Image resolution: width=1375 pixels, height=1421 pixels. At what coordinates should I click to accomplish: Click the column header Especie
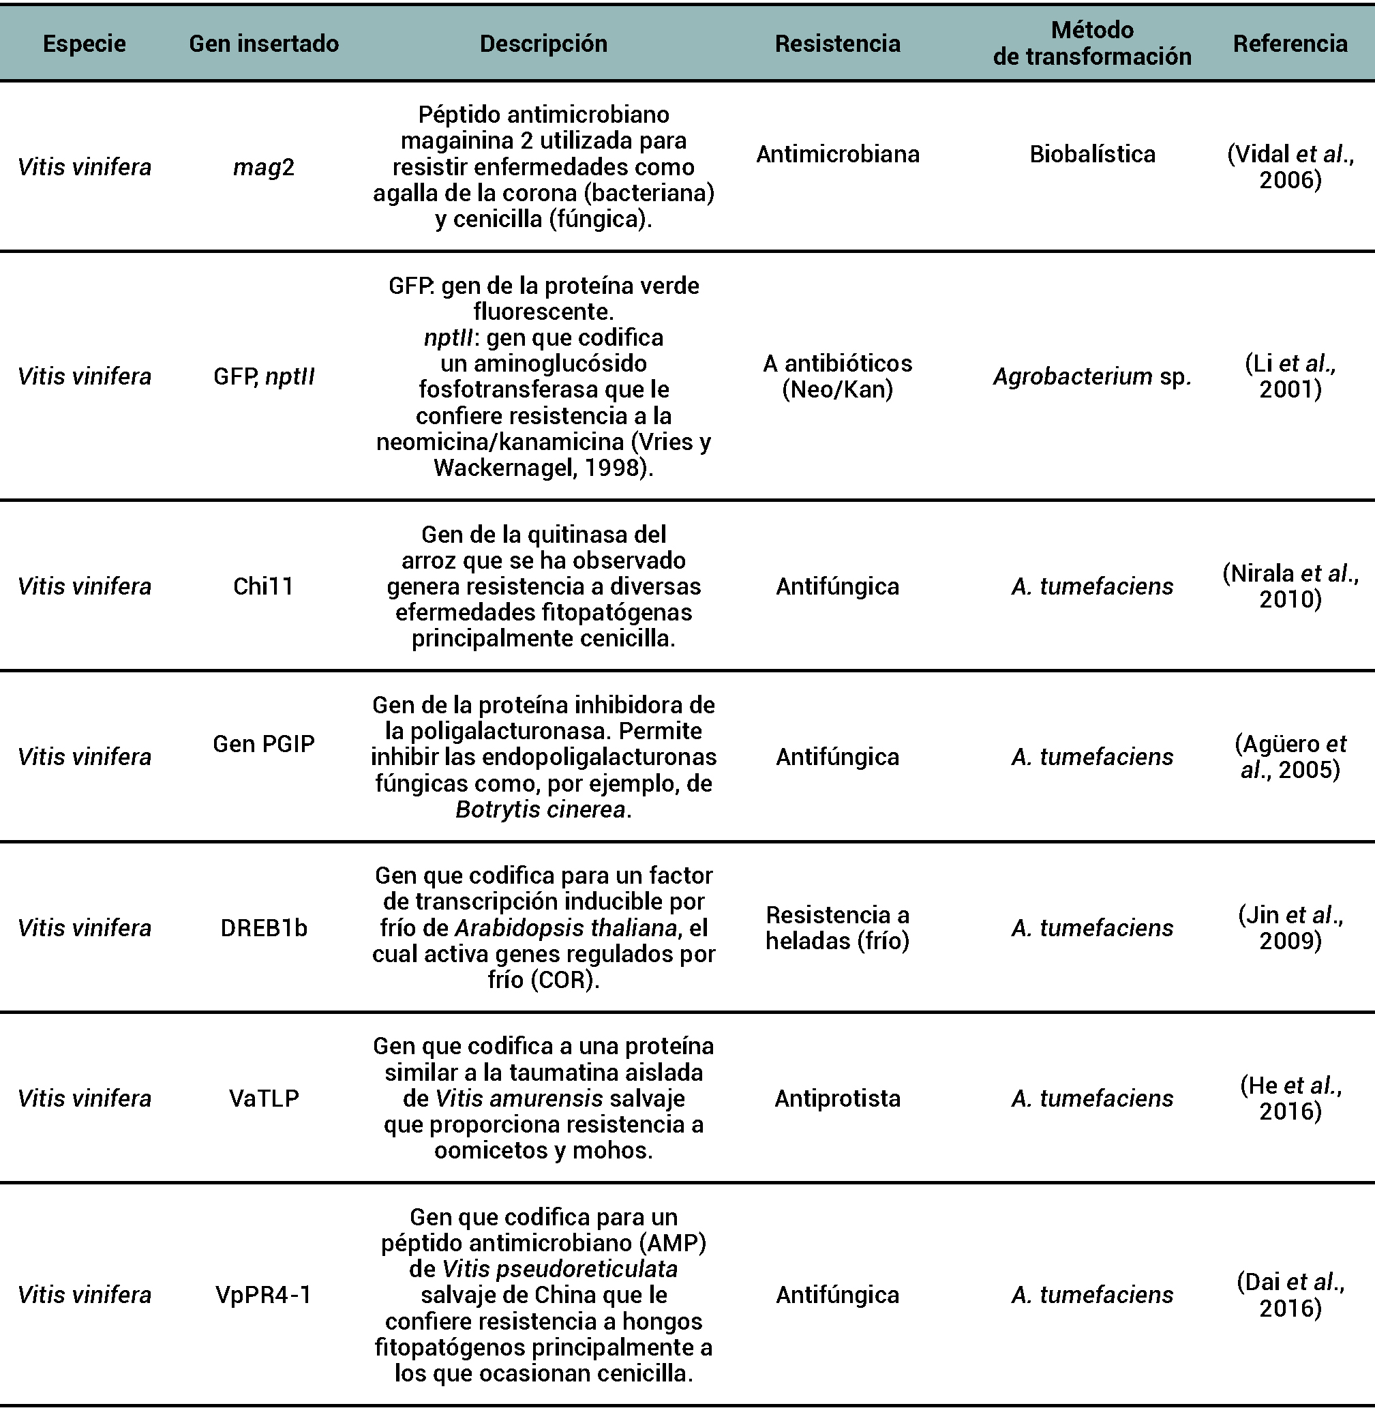[84, 44]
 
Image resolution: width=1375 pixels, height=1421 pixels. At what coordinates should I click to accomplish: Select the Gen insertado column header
[264, 44]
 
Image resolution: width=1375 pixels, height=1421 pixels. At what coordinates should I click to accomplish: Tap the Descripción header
[543, 44]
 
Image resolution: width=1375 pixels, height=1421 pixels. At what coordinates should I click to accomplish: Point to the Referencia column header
[1290, 44]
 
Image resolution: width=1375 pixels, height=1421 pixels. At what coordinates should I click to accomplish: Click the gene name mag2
[264, 168]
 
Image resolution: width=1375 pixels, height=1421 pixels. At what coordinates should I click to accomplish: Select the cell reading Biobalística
[1092, 153]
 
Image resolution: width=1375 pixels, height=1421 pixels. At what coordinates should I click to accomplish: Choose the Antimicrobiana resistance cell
[838, 153]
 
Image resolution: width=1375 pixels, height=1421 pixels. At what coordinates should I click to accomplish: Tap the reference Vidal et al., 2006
[1290, 167]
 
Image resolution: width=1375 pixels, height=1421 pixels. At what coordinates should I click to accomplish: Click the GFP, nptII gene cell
[264, 376]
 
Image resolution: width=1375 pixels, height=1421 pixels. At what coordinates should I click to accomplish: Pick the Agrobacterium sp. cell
[1092, 376]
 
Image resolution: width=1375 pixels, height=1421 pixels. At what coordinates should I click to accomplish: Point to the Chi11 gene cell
[264, 586]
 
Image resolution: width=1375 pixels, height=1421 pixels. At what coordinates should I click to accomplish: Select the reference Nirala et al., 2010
[1290, 586]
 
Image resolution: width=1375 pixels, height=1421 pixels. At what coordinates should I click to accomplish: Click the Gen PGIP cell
[264, 744]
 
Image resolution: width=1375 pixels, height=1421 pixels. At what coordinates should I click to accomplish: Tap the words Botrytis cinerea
[541, 809]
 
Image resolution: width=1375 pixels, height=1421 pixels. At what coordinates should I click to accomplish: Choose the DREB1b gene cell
[264, 928]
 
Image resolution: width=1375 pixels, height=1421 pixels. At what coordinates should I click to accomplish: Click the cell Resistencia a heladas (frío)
[838, 928]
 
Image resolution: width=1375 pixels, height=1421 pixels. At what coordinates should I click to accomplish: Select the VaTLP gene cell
[264, 1098]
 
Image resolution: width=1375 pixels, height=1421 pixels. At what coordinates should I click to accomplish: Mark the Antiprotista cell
[838, 1098]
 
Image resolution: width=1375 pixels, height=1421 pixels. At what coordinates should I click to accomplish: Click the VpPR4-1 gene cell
[264, 1295]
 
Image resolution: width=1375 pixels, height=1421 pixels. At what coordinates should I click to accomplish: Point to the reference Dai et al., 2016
[1290, 1295]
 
